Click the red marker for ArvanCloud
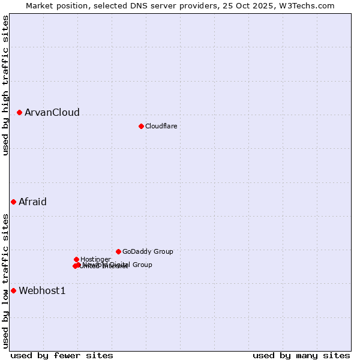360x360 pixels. (19, 112)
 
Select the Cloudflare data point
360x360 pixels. (141, 126)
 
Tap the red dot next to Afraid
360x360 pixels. (13, 202)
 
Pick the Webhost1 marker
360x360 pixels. (13, 291)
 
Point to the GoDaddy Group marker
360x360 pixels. (118, 251)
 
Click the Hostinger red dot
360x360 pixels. (76, 259)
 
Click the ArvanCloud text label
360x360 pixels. (52, 112)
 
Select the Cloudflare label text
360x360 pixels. (161, 126)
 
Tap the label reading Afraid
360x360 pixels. (32, 202)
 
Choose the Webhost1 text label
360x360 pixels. (42, 291)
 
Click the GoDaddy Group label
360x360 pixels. (148, 251)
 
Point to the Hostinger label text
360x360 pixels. (95, 259)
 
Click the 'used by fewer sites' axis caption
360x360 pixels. (62, 355)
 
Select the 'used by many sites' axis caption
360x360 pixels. (301, 355)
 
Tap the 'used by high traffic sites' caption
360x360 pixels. (6, 85)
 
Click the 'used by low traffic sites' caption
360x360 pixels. (6, 281)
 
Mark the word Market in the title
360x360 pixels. (40, 5)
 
